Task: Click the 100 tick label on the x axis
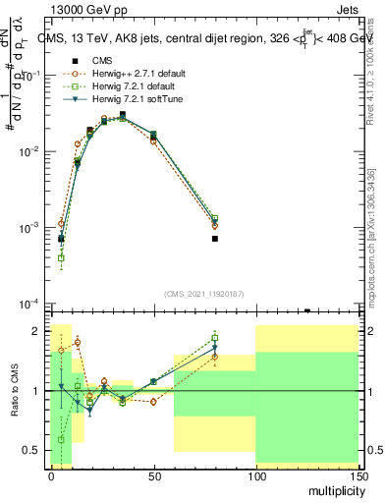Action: (x=255, y=475)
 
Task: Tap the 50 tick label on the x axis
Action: (x=153, y=475)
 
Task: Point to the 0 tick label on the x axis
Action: (x=51, y=475)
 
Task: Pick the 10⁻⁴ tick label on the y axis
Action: (x=30, y=304)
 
